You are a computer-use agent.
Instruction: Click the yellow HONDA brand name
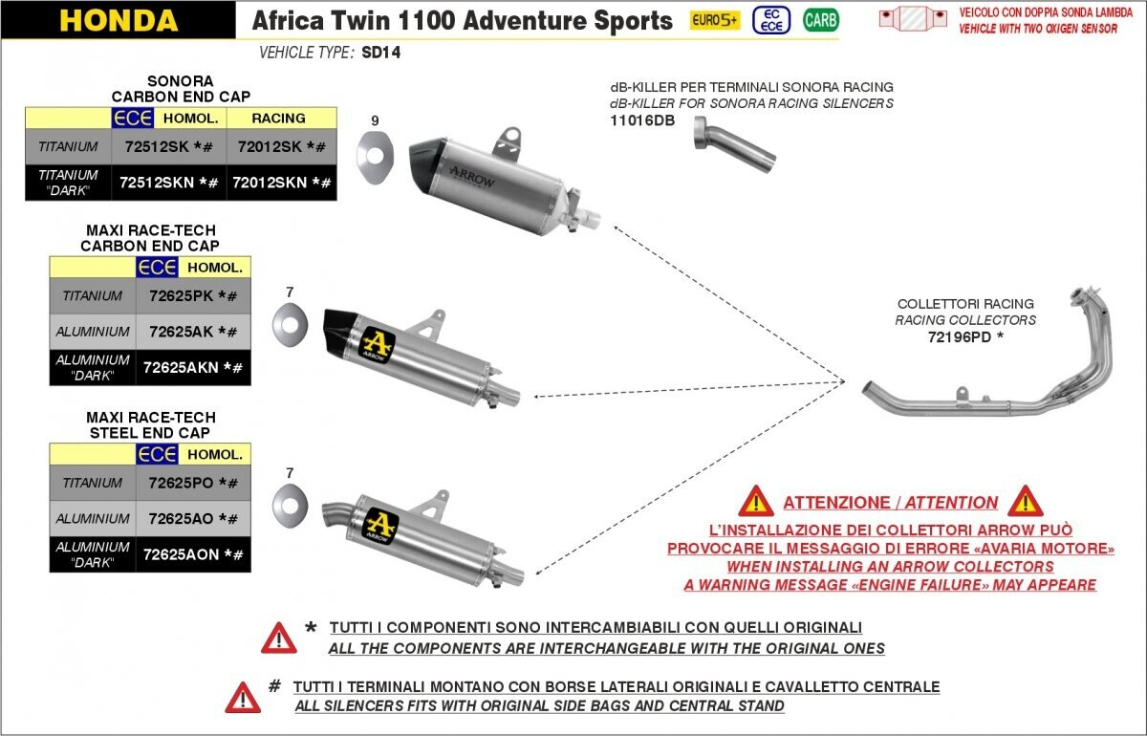pos(119,20)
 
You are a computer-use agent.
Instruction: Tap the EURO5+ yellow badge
pos(715,20)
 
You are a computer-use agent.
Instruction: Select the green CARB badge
pos(821,20)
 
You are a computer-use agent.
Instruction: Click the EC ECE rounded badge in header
pos(771,20)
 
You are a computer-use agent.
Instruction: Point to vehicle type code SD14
pos(381,53)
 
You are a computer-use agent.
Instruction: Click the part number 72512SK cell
pos(168,147)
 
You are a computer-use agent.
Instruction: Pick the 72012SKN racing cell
pos(282,183)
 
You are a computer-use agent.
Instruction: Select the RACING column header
pos(278,119)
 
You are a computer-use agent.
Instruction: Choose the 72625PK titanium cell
pos(193,296)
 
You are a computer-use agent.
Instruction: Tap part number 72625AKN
pos(192,368)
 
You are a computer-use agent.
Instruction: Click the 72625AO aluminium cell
pos(193,519)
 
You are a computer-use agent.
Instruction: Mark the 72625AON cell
pos(193,554)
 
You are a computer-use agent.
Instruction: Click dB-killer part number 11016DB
pos(642,120)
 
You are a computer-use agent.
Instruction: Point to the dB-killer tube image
pos(734,145)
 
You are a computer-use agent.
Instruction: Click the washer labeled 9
pos(376,156)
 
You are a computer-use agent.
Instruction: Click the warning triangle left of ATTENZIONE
pos(756,502)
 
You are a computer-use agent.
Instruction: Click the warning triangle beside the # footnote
pos(243,697)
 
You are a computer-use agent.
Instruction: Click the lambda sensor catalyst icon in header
pos(913,19)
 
